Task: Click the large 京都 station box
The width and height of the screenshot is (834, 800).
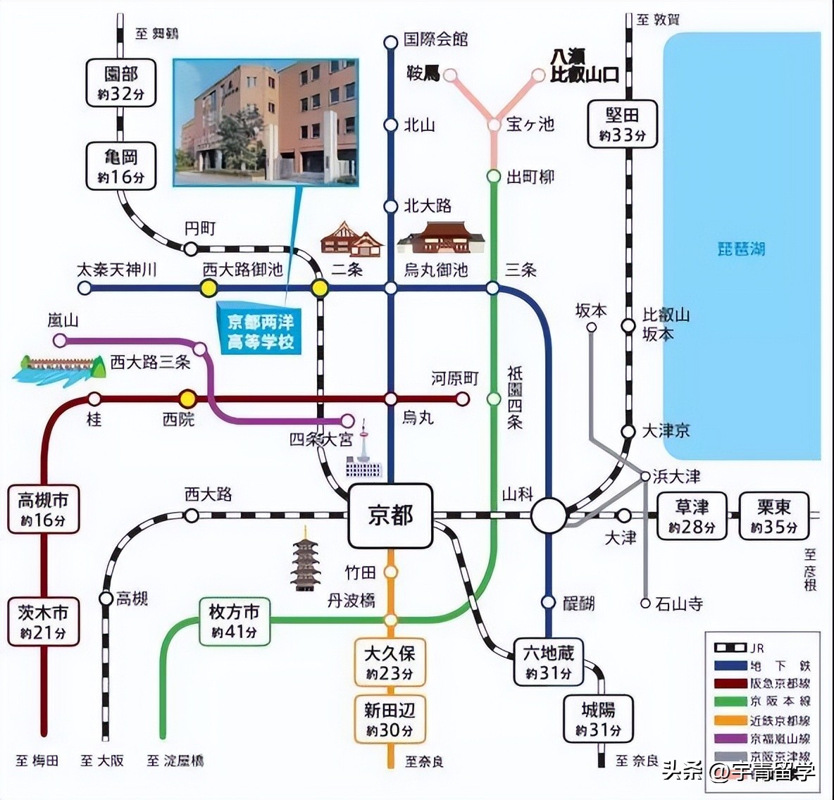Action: (x=390, y=516)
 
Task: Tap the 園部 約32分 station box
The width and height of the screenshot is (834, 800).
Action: (x=120, y=83)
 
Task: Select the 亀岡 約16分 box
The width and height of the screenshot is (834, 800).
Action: (x=120, y=166)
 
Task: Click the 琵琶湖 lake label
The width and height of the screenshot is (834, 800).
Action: (x=740, y=249)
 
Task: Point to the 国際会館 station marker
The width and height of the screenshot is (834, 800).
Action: (x=391, y=42)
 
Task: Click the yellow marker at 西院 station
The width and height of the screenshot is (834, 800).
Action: (x=187, y=399)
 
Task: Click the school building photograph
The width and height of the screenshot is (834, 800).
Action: (x=266, y=123)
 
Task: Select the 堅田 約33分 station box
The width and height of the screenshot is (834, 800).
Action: (x=622, y=125)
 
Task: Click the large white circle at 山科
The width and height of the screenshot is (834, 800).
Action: (x=549, y=516)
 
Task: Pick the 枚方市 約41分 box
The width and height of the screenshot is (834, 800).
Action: (x=234, y=621)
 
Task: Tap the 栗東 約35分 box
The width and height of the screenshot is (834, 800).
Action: (x=773, y=516)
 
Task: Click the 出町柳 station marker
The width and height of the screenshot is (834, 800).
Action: (x=493, y=176)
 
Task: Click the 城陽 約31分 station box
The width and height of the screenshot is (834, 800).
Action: (x=598, y=719)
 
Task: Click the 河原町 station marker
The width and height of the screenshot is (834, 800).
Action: (x=462, y=399)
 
